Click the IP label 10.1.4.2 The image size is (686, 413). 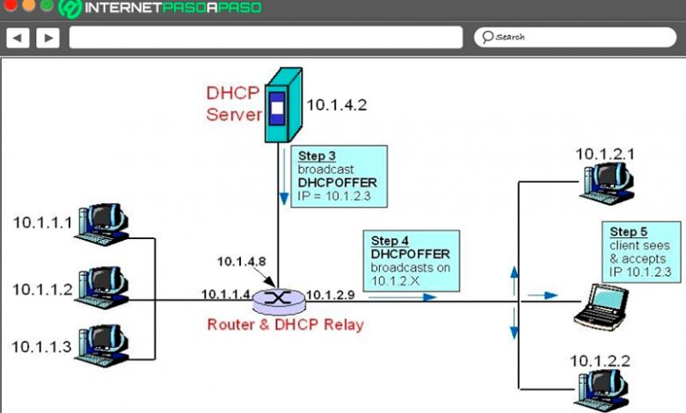pos(336,105)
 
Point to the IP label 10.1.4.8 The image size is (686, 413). pos(240,261)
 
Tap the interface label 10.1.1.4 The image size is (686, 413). pos(225,293)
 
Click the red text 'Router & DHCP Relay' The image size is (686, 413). pos(285,324)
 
